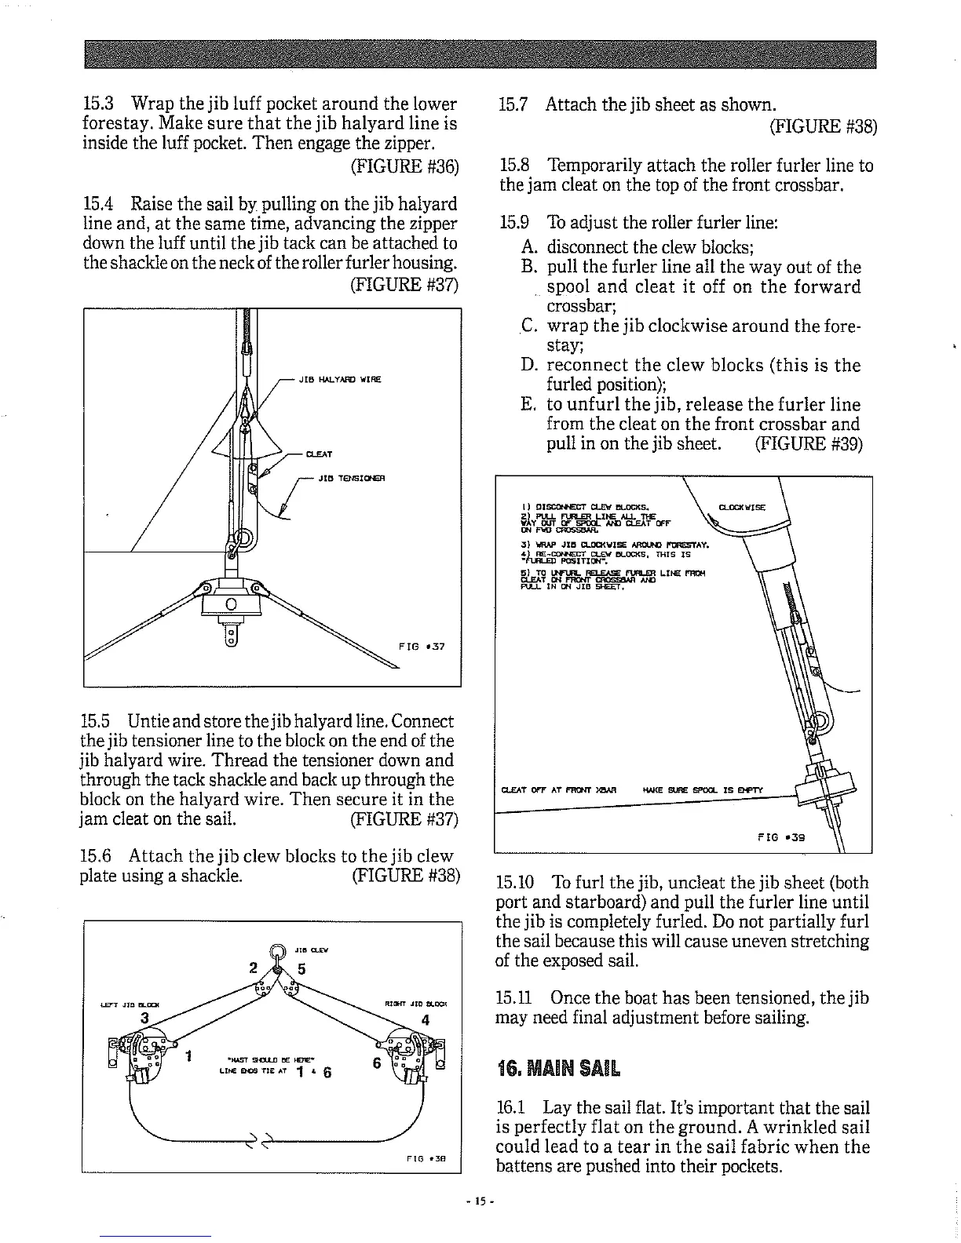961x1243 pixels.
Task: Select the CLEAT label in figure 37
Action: click(x=319, y=454)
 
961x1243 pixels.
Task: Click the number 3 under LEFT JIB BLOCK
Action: click(x=143, y=1018)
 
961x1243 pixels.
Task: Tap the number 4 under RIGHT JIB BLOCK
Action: click(x=425, y=1021)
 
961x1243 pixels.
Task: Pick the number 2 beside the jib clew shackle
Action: click(x=253, y=966)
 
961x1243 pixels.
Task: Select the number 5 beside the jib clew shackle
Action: click(x=301, y=968)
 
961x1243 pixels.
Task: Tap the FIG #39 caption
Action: click(x=781, y=837)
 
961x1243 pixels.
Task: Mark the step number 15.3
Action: click(x=99, y=104)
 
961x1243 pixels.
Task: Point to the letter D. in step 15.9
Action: click(x=528, y=365)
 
